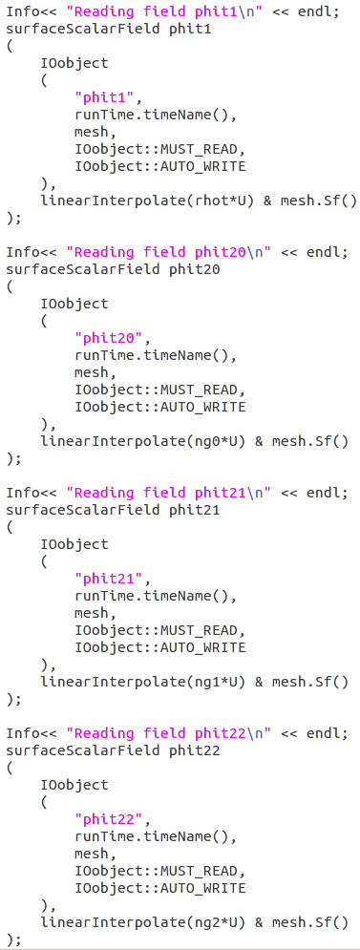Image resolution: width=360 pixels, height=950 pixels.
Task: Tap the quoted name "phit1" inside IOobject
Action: point(108,97)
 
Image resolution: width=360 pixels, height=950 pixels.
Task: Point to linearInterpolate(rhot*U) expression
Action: point(146,201)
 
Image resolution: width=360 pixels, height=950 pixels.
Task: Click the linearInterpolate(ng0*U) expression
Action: point(142,441)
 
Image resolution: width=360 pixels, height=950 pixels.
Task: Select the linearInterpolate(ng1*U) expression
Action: point(142,682)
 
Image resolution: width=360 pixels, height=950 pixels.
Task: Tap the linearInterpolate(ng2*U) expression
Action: point(142,922)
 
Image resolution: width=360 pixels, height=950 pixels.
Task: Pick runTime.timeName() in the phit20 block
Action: point(155,355)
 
